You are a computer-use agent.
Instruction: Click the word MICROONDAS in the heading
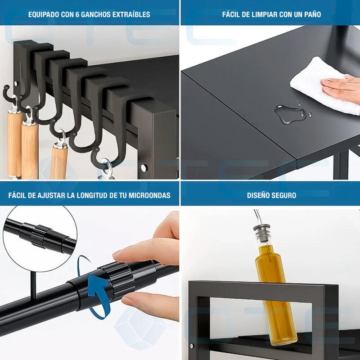click(x=149, y=195)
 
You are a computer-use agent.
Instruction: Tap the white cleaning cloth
click(x=321, y=85)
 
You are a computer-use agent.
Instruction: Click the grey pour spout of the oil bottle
click(x=261, y=233)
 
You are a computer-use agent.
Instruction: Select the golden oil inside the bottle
click(x=275, y=294)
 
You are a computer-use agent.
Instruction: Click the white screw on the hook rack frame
click(x=144, y=168)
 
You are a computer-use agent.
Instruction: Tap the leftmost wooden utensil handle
click(x=14, y=144)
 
